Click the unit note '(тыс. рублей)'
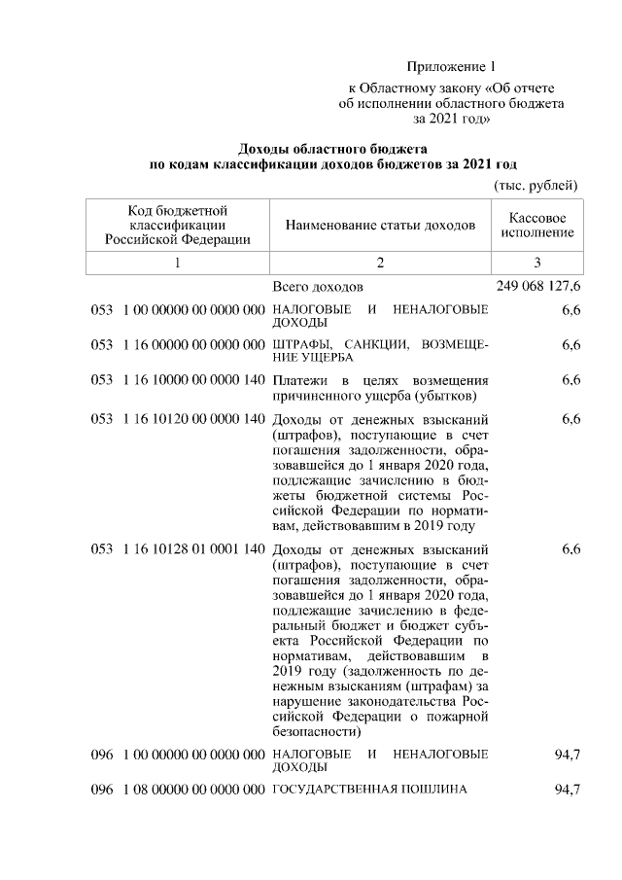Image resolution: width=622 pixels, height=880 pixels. pyautogui.click(x=536, y=185)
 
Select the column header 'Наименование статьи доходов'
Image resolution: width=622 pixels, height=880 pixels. pyautogui.click(x=380, y=226)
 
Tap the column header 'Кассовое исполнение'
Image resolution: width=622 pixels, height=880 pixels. pyautogui.click(x=537, y=225)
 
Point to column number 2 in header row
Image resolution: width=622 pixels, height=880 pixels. pyautogui.click(x=380, y=263)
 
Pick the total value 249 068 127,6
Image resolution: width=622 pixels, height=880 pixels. pyautogui.click(x=538, y=287)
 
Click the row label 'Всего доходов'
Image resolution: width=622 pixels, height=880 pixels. pyautogui.click(x=318, y=288)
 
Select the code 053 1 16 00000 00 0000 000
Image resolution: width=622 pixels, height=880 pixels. pyautogui.click(x=178, y=344)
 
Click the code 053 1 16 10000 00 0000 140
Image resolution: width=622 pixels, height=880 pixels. pyautogui.click(x=178, y=379)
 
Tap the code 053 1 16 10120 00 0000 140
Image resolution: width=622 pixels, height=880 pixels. pyautogui.click(x=178, y=419)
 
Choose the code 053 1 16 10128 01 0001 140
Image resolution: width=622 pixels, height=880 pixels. pyautogui.click(x=178, y=549)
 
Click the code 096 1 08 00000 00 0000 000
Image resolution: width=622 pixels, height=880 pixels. pyautogui.click(x=178, y=790)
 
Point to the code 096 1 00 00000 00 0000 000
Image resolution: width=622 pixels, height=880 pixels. pyautogui.click(x=178, y=755)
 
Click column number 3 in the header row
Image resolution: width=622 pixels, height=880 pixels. pyautogui.click(x=537, y=263)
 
